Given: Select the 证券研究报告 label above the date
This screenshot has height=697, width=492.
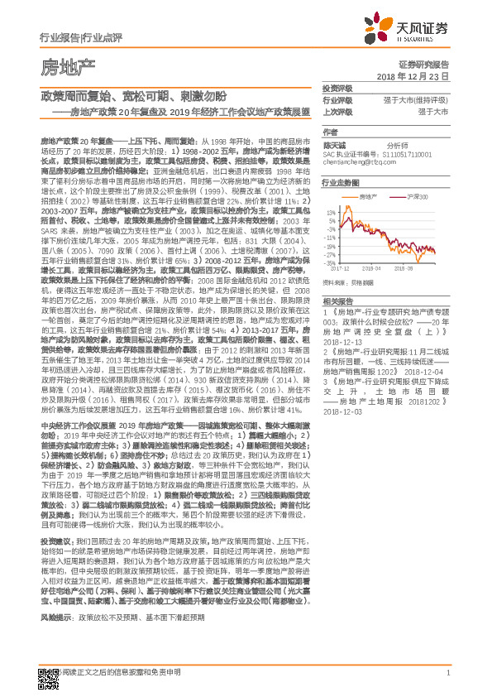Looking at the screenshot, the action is (423, 64).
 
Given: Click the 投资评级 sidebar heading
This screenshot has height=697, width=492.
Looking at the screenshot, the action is (337, 88).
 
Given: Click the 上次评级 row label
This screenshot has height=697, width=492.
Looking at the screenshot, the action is (337, 111).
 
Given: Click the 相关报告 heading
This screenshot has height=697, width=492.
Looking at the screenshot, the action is (337, 300).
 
